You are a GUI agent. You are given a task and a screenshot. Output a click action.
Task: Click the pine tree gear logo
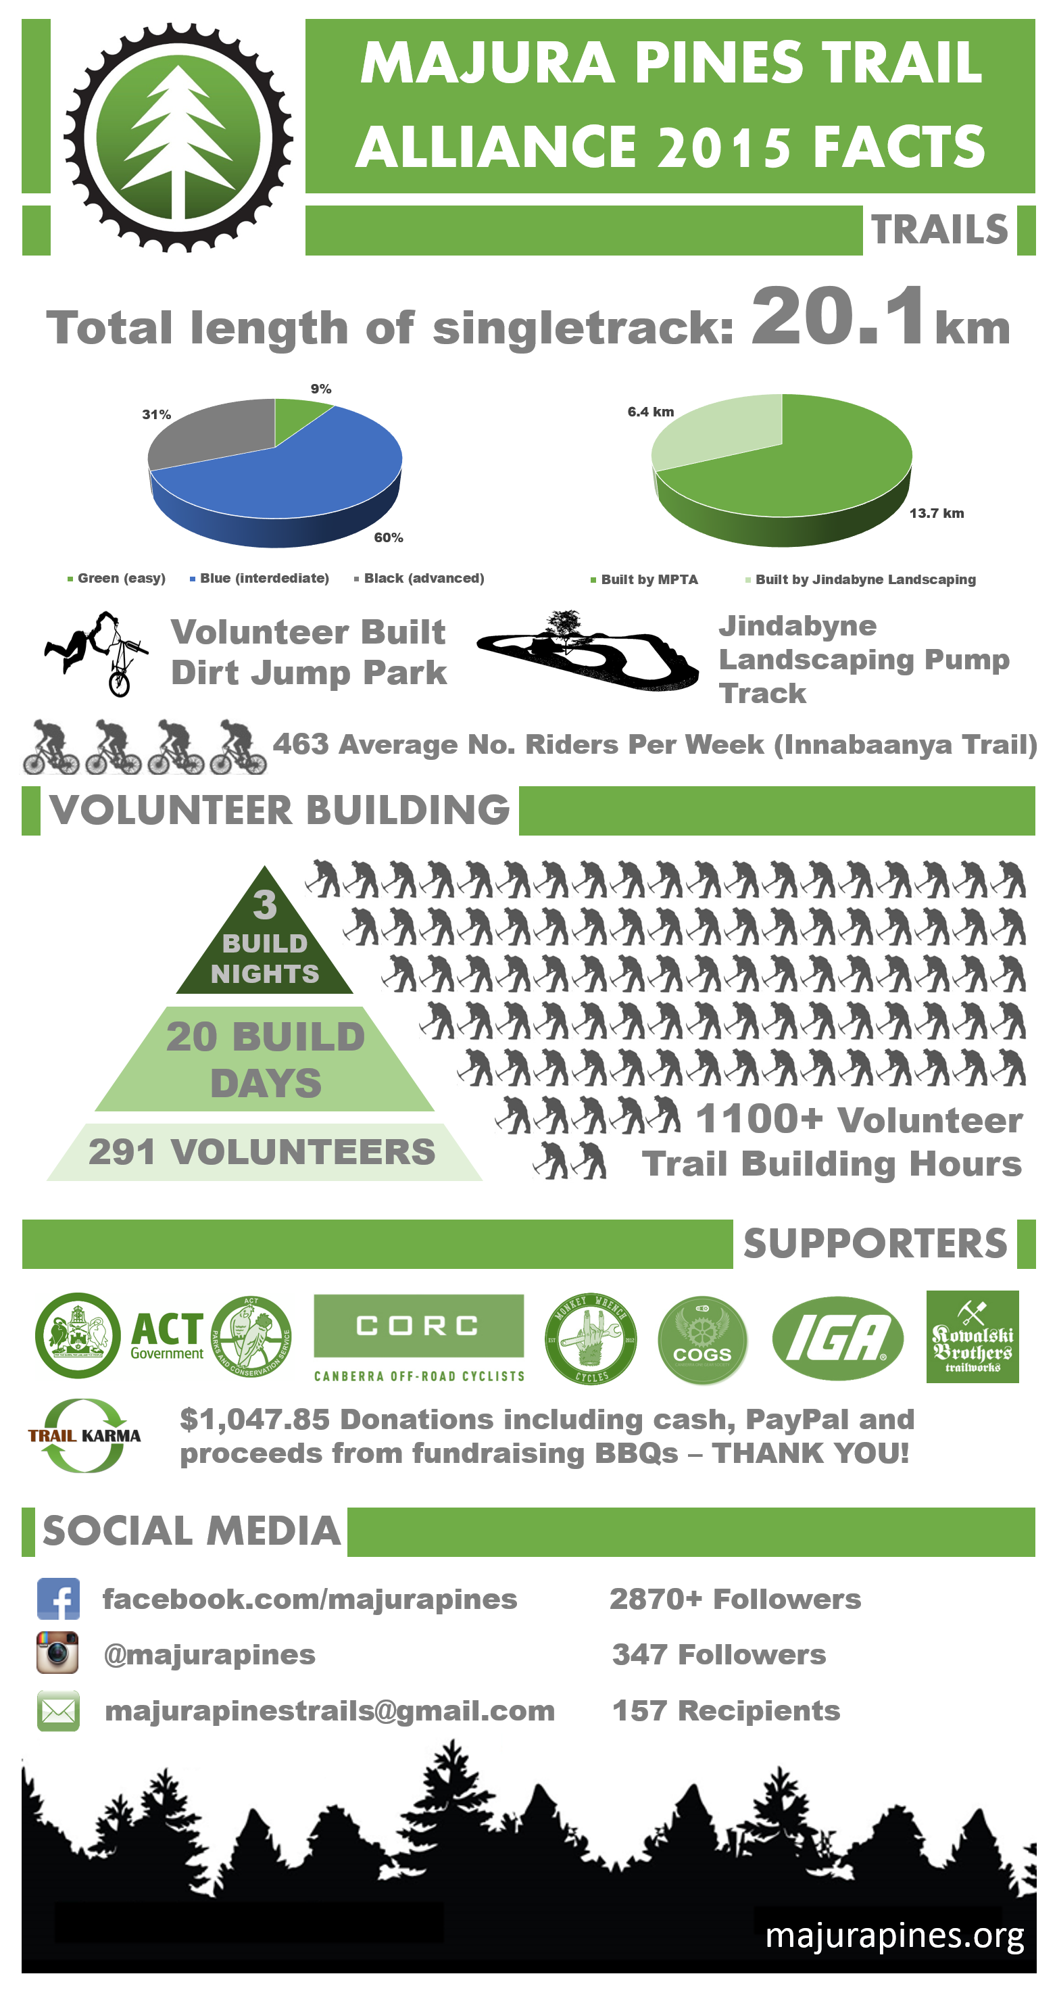[178, 138]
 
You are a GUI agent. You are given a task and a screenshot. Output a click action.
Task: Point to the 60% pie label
[388, 537]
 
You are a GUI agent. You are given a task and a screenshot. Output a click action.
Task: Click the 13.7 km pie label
[936, 513]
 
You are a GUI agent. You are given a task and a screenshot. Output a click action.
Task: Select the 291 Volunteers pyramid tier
[263, 1152]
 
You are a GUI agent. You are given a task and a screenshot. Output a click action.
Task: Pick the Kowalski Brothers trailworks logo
[972, 1337]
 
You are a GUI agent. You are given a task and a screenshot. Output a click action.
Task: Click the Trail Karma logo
[84, 1435]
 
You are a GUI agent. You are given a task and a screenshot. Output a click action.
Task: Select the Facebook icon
[59, 1599]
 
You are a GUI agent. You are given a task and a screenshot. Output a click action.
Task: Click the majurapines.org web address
[894, 1935]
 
